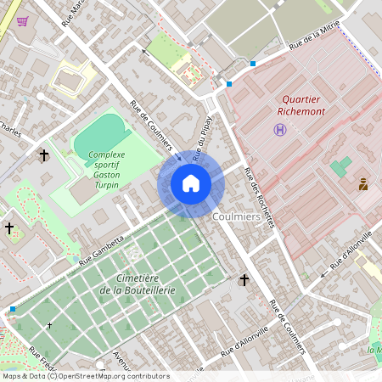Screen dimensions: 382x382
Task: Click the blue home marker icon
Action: point(191,183)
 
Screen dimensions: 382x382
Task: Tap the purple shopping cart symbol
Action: point(22,21)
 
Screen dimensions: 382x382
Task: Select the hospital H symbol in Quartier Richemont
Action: point(279,129)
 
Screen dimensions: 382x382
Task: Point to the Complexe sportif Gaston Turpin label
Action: point(106,169)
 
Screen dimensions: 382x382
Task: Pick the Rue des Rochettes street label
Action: point(259,196)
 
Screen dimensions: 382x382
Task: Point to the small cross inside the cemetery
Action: point(49,325)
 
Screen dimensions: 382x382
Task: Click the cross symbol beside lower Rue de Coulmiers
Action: point(244,279)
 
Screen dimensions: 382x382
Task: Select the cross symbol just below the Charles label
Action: point(43,155)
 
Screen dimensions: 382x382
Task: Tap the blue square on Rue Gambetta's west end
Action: point(13,309)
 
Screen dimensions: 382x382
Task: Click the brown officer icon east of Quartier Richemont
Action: point(363,183)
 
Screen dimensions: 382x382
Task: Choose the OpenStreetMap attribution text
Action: point(85,375)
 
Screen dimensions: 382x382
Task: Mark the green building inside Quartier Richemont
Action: point(340,166)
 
